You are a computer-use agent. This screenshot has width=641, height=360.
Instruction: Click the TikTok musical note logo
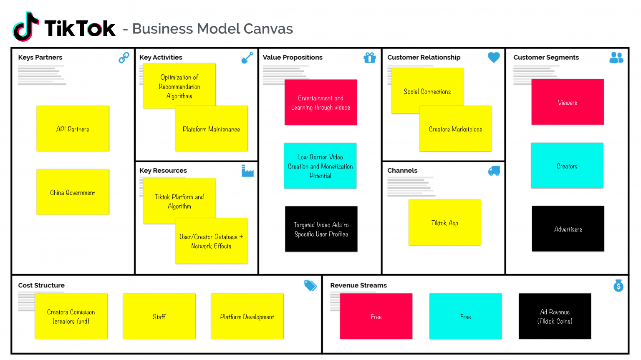tap(25, 27)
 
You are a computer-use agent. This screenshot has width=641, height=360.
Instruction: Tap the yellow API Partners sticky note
tap(73, 128)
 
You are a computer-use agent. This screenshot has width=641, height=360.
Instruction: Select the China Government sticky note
tap(73, 192)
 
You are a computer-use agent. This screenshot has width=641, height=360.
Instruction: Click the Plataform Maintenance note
tap(212, 129)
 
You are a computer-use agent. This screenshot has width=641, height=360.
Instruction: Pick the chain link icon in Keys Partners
tap(124, 58)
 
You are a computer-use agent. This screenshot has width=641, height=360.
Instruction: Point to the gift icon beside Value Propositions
tap(369, 58)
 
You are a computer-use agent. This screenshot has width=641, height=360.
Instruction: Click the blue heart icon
tap(494, 57)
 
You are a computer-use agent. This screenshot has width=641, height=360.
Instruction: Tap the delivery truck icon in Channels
tap(494, 171)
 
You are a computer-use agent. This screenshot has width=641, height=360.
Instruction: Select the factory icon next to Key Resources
tap(247, 171)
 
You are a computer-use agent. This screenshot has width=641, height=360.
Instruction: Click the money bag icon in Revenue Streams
tap(618, 285)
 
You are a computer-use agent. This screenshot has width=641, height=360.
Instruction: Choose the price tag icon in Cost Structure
tap(310, 285)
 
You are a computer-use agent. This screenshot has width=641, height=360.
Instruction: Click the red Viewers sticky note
tap(568, 102)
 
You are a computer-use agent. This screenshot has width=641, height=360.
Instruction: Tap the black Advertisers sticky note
tap(568, 229)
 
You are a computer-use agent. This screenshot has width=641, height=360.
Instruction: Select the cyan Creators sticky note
tap(567, 166)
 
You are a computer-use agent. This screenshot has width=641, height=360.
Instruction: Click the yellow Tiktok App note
tap(445, 222)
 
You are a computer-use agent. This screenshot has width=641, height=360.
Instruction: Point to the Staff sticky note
tap(159, 316)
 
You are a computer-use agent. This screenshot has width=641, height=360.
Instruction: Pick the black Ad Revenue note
tap(555, 316)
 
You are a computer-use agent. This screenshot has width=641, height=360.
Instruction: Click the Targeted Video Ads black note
tap(321, 229)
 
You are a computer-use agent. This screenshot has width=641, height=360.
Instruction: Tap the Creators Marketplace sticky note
tap(455, 129)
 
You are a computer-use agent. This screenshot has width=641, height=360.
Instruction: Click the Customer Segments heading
tap(546, 58)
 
